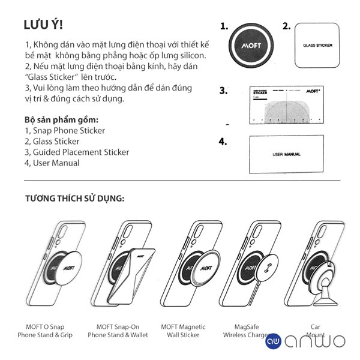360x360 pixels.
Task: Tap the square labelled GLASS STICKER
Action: (317, 46)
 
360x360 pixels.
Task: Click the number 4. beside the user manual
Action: (223, 142)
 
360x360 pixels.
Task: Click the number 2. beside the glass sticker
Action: (286, 26)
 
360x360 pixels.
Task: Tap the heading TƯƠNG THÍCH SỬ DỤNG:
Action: (74, 198)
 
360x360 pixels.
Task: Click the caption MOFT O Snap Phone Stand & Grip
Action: (45, 331)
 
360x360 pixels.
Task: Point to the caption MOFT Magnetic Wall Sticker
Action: (183, 331)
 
